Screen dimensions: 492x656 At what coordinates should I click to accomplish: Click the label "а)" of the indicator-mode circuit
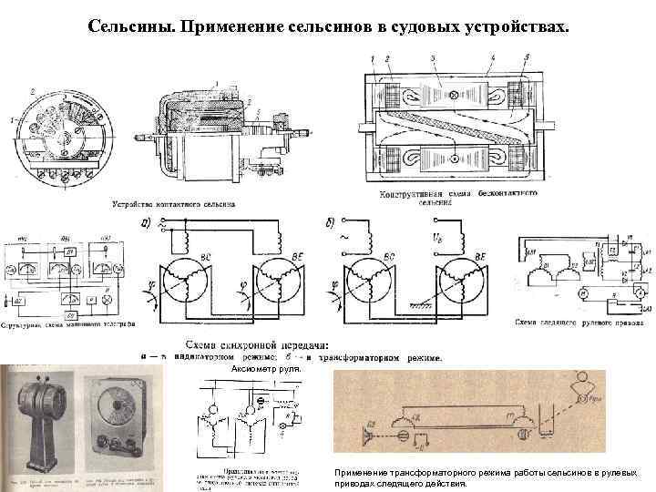[145, 223]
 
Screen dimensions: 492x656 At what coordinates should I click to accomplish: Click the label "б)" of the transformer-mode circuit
[331, 223]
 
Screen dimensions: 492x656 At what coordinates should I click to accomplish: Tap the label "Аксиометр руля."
[262, 369]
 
